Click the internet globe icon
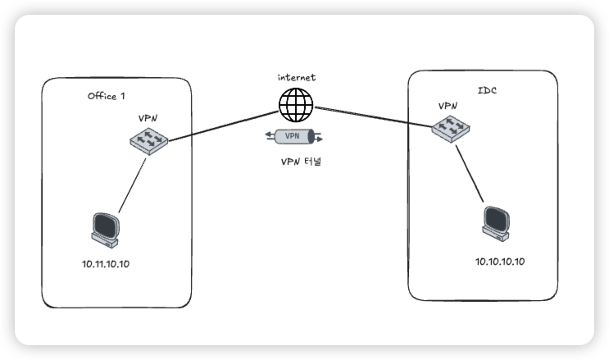[296, 104]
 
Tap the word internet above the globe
[296, 77]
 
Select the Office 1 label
[106, 96]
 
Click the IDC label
[486, 89]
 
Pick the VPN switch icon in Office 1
[148, 142]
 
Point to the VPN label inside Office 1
[148, 119]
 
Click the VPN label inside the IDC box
[448, 106]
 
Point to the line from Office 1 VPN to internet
[221, 124]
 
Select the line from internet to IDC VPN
[373, 116]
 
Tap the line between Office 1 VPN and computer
[131, 185]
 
